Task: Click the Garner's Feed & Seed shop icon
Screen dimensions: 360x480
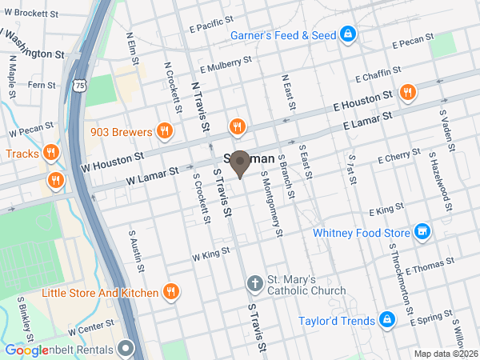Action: tap(348, 34)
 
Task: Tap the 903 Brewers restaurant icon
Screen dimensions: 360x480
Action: tap(164, 131)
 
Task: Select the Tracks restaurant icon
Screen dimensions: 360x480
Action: tap(50, 153)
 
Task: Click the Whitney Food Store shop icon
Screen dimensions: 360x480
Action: tap(423, 232)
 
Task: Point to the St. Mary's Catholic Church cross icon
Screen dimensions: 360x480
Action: tap(254, 284)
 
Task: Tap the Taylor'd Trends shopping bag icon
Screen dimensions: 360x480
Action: tap(387, 321)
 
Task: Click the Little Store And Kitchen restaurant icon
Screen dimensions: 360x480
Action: tap(170, 293)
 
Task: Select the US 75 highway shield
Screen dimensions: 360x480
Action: tap(79, 85)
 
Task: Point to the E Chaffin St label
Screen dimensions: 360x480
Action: tap(374, 75)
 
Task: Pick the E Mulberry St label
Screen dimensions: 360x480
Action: tap(227, 62)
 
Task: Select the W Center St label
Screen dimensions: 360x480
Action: tap(91, 328)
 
